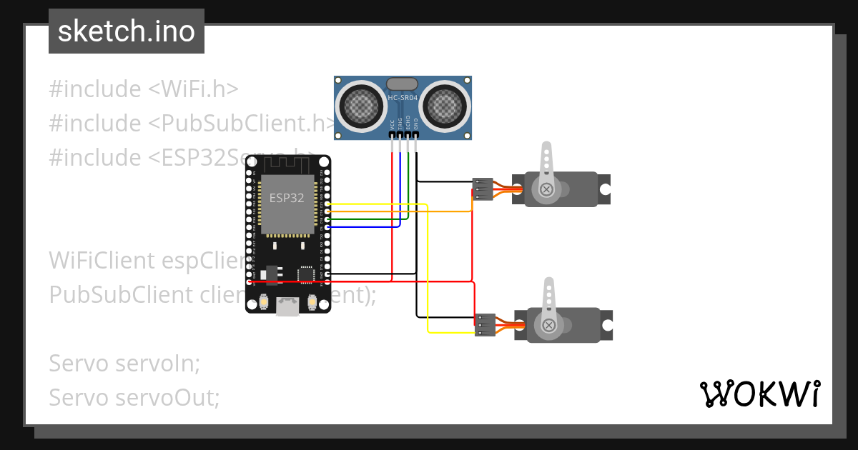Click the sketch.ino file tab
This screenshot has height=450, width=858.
127,31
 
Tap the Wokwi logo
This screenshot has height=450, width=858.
759,394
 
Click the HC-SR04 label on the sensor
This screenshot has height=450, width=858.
403,98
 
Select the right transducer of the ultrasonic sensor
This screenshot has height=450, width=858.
443,106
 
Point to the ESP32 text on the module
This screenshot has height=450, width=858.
287,198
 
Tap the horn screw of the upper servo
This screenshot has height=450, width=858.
547,189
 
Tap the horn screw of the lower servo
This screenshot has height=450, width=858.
549,325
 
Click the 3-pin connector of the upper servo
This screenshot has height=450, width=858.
483,189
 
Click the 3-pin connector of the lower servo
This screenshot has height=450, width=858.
485,325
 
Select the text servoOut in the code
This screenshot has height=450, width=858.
167,397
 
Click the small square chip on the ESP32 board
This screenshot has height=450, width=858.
306,273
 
